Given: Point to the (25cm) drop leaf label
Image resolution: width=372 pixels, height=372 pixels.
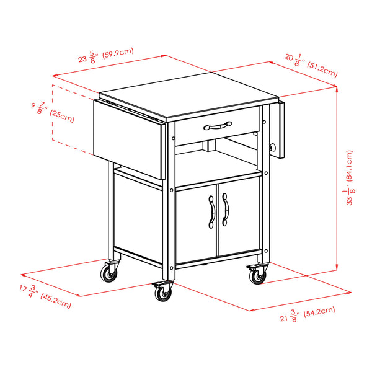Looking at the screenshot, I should click(62, 115).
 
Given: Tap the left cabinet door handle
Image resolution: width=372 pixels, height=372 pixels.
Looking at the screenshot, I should click(211, 211).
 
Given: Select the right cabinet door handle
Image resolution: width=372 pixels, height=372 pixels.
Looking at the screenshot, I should click(225, 210).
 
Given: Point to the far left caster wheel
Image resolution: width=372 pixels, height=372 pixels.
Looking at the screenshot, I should click(110, 272).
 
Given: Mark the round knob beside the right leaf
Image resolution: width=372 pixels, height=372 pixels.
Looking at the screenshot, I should click(272, 148).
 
